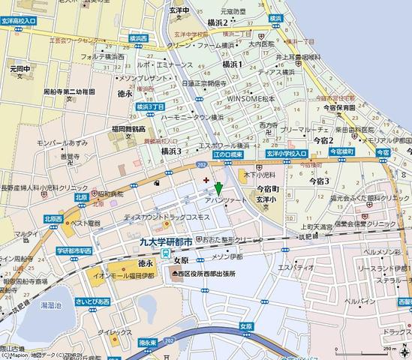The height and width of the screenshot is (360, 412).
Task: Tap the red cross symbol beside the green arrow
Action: pos(206,180)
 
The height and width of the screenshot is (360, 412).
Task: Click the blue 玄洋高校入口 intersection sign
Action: pos(18,22)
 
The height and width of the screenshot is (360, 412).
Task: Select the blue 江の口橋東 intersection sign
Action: pos(227,154)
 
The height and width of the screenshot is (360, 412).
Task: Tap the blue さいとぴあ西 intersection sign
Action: pos(92,301)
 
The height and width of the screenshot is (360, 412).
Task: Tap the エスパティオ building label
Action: pos(296,267)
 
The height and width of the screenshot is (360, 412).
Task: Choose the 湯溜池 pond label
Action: pos(52,305)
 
